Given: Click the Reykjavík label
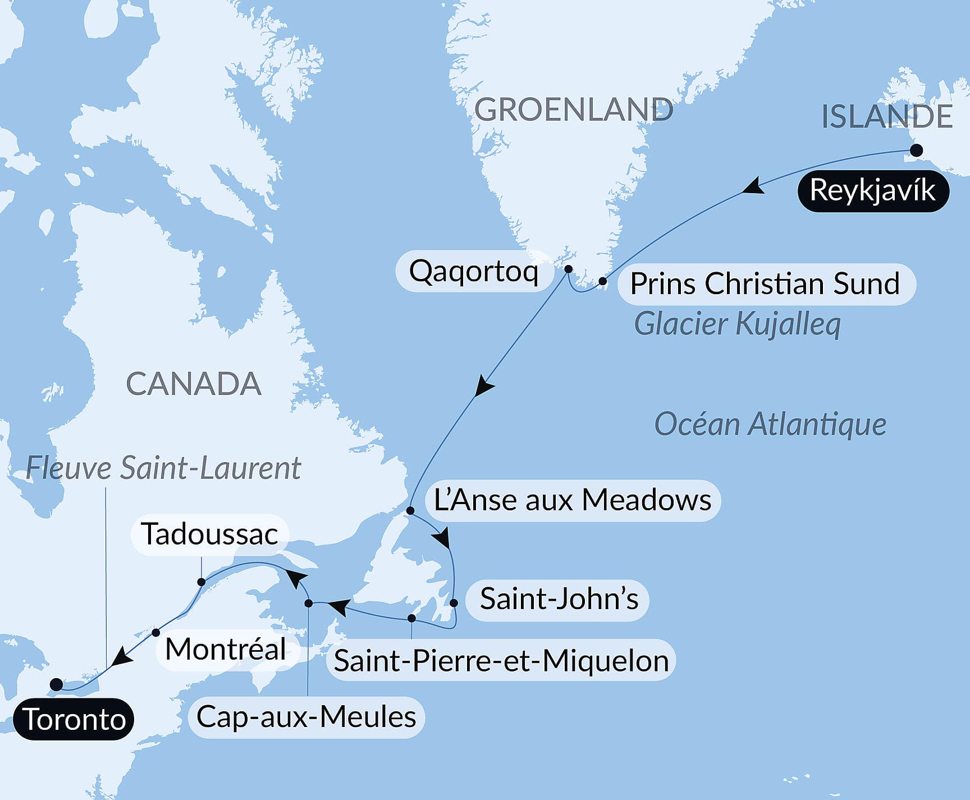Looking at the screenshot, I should [x=873, y=191].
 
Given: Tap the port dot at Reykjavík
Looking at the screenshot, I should [x=916, y=150].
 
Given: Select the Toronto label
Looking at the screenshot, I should [x=74, y=719].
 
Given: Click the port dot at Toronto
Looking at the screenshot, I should [x=56, y=684].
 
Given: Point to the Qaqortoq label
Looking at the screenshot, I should [x=473, y=271].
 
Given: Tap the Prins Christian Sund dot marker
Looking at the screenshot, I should [x=602, y=281].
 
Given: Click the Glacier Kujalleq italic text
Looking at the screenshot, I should [x=737, y=324].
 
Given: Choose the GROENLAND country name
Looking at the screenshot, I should [x=573, y=110].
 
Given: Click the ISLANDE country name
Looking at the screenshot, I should [x=886, y=117].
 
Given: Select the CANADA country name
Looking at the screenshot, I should [x=194, y=384].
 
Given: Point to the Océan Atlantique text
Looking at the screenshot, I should [x=770, y=424].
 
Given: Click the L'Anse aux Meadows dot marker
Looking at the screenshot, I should [x=410, y=511].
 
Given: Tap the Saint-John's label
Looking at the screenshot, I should [x=559, y=599].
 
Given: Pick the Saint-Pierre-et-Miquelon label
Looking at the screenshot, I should [x=501, y=661].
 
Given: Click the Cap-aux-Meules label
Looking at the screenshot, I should [x=306, y=717].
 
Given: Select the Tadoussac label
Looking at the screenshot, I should [x=209, y=534].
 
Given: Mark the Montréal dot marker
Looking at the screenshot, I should [x=156, y=633].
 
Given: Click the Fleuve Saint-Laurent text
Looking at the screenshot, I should [x=163, y=468].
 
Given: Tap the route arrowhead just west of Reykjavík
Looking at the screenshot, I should [x=752, y=187].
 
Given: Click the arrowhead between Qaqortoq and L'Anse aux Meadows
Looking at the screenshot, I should [x=483, y=387].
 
